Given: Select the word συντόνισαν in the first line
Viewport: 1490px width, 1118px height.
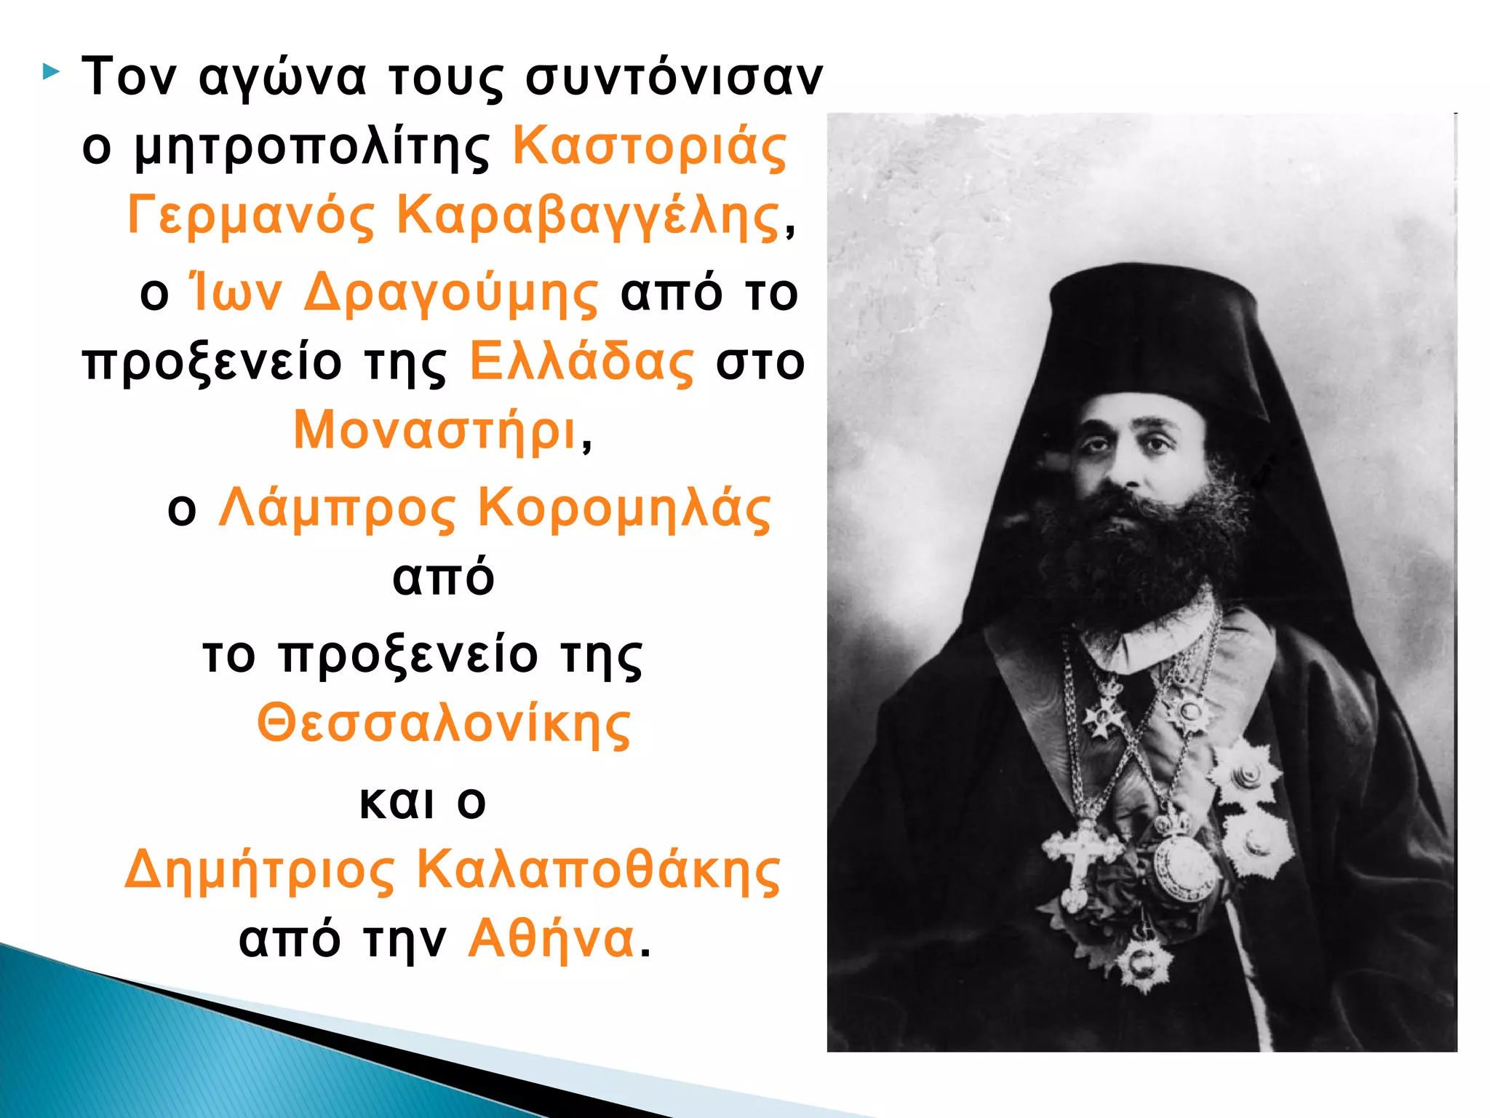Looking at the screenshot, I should (674, 76).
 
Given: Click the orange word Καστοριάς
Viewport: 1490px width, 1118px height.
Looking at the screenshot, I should (649, 148).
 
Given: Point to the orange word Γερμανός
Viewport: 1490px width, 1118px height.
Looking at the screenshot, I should (251, 216).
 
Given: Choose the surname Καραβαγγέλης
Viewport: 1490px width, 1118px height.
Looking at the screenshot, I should (588, 216).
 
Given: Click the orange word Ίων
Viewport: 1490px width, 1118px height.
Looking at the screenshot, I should (235, 292).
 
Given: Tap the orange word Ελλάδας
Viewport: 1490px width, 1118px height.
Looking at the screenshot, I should (581, 362).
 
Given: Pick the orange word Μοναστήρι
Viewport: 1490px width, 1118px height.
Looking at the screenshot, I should (435, 430).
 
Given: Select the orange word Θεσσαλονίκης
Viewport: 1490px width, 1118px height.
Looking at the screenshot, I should (444, 724).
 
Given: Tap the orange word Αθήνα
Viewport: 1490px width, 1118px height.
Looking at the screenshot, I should (551, 938).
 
